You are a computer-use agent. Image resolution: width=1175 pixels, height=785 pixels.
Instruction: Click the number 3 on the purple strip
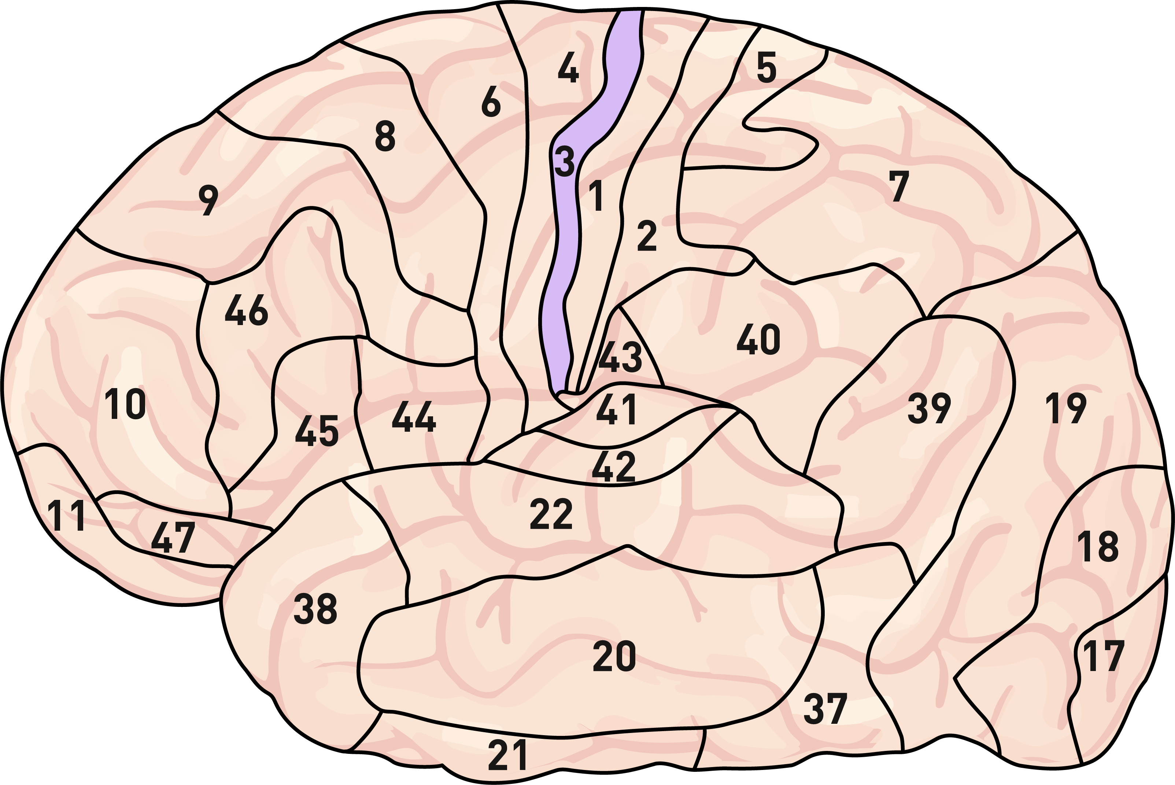pos(565,162)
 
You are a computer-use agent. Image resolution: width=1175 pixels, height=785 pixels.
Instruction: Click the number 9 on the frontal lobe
pos(208,200)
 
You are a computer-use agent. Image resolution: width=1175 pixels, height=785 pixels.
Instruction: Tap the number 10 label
pos(125,405)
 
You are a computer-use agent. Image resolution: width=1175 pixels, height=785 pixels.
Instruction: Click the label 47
pos(173,538)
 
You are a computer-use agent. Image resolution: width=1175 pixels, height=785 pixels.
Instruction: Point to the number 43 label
pos(621,357)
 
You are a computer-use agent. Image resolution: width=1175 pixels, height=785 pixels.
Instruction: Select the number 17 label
pos(1103,656)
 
